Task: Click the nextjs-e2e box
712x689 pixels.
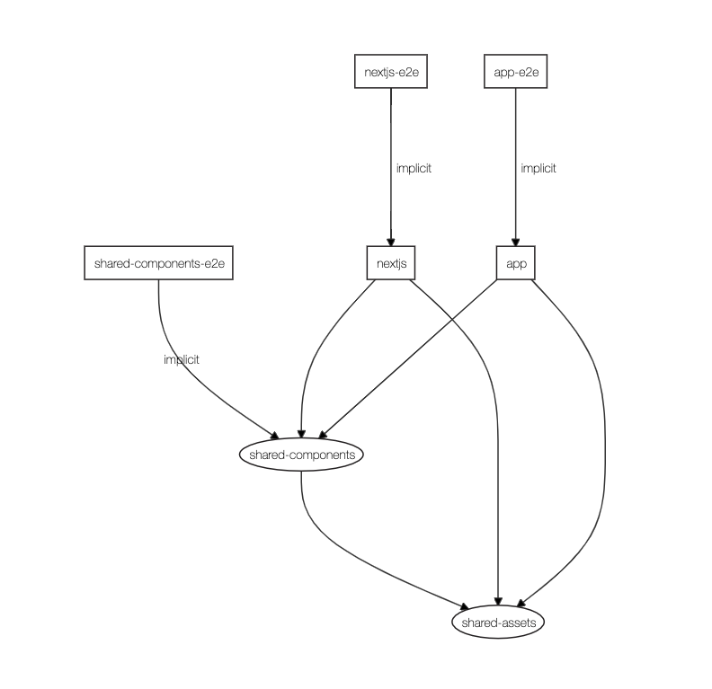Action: tap(390, 73)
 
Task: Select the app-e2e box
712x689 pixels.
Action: tap(515, 73)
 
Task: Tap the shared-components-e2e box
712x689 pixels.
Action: tap(158, 264)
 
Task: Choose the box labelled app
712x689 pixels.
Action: tap(516, 263)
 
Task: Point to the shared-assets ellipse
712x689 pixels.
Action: tap(497, 622)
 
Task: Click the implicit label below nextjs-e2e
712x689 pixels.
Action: tap(414, 168)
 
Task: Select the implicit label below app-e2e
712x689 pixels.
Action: tap(538, 168)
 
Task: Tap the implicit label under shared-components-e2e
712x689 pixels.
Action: tap(182, 359)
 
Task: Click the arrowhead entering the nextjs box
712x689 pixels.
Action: tap(391, 242)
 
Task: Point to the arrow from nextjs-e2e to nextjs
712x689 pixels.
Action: tap(391, 135)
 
